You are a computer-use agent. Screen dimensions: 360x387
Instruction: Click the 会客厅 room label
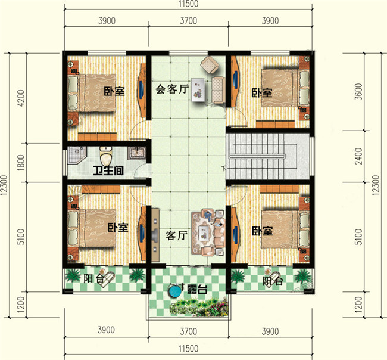pos(171,89)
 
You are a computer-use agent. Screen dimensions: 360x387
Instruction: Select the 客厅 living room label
pos(177,235)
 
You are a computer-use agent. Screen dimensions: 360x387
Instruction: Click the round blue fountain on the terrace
pos(174,291)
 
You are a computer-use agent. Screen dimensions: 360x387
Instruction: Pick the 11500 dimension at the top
pos(188,5)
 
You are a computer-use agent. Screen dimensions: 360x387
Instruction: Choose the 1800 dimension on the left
pos(22,162)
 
